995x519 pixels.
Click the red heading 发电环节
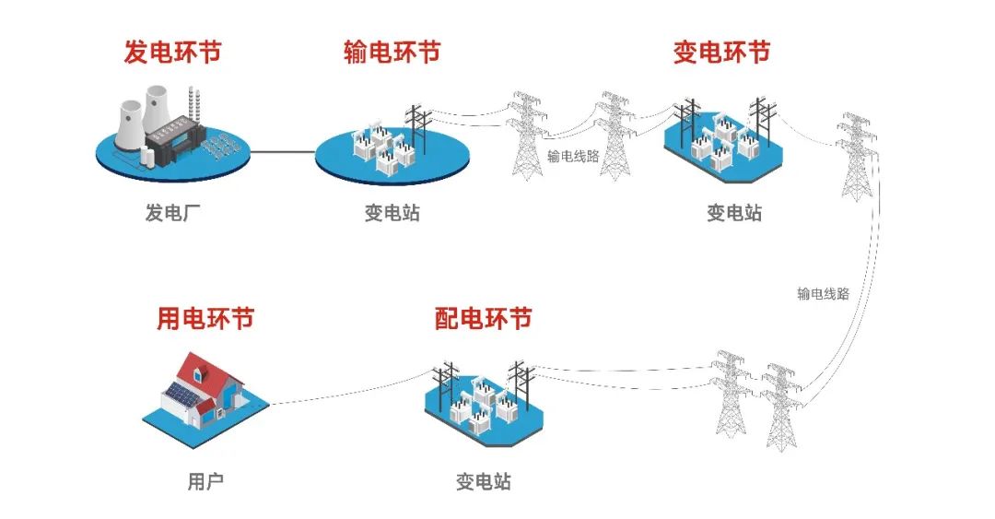pyautogui.click(x=172, y=52)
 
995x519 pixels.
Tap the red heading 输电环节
pyautogui.click(x=392, y=52)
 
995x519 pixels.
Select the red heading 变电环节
pyautogui.click(x=721, y=52)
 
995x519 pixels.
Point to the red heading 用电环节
pyautogui.click(x=205, y=319)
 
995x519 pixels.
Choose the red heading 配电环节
pyautogui.click(x=483, y=319)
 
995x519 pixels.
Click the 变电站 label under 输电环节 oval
pyautogui.click(x=392, y=214)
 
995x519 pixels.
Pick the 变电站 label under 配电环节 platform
pyautogui.click(x=483, y=481)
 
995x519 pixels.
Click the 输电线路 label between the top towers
pyautogui.click(x=573, y=156)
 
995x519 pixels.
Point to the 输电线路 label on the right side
pyautogui.click(x=823, y=295)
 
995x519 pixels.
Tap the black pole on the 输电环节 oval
pyautogui.click(x=419, y=129)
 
